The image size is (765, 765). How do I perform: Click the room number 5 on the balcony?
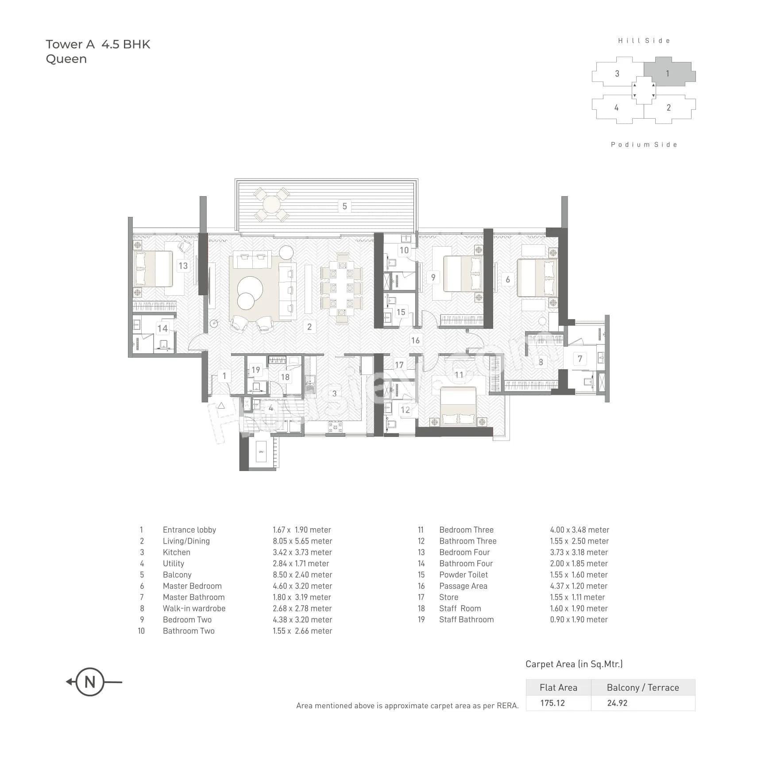point(344,206)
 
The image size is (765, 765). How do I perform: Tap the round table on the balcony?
point(271,205)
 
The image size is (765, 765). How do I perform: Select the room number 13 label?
point(183,266)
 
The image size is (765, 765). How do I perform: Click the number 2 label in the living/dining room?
point(309,327)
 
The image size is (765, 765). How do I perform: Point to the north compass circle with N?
point(90,682)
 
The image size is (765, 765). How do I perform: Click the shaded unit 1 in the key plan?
point(668,73)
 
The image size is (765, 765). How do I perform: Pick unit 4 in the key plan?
point(616,108)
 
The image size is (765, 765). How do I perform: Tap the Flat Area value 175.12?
point(552,703)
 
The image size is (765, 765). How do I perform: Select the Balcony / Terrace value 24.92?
point(617,703)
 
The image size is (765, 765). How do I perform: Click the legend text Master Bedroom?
point(192,586)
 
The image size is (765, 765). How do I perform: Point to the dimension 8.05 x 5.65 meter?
point(302,541)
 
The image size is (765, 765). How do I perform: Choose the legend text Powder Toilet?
point(464,575)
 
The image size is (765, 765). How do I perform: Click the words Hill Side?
point(644,41)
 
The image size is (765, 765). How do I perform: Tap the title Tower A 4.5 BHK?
point(98,44)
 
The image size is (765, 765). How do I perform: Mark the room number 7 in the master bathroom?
point(580,359)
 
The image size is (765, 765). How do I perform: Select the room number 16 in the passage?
point(415,340)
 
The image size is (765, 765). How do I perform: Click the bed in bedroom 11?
point(458,405)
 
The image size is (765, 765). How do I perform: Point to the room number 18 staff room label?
point(285,377)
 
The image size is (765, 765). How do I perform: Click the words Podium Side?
point(644,145)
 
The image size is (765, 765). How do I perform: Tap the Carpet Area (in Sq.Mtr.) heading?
point(574,664)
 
